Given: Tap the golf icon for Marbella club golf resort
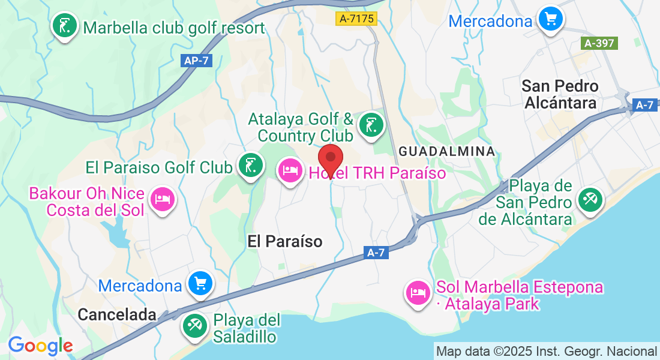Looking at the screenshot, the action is [65, 26].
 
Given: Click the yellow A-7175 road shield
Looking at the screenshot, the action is [356, 19].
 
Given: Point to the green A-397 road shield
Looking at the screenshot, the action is [599, 43].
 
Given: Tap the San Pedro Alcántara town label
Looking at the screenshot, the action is [560, 94].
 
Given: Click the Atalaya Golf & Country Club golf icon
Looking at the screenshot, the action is [370, 125].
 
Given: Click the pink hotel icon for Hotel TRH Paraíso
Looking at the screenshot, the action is [290, 171].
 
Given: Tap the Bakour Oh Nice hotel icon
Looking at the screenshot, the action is [162, 199].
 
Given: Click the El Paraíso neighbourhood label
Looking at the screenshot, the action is [285, 241].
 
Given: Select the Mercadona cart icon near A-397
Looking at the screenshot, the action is [550, 19].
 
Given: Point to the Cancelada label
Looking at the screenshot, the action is [117, 314].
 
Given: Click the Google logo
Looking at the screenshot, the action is [40, 346].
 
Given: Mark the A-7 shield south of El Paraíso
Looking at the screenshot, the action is [376, 253].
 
